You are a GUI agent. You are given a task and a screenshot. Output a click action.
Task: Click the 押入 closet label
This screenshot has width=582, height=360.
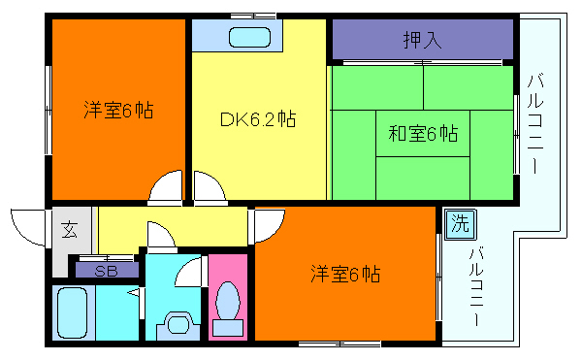tap(423, 41)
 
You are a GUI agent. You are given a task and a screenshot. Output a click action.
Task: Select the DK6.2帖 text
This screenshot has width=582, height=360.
tap(256, 119)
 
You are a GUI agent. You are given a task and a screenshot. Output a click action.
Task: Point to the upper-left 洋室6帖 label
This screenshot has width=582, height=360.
tap(117, 110)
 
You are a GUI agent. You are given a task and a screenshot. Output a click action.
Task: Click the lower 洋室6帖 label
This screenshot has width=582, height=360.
tap(345, 274)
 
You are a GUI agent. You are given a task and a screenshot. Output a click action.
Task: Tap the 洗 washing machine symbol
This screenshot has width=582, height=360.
tap(458, 222)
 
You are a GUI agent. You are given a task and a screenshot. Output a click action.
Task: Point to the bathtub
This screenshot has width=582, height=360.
tap(73, 312)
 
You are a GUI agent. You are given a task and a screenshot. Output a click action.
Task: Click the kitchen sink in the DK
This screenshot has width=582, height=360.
tap(250, 39)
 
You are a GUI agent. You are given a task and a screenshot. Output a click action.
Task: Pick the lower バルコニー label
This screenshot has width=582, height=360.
tap(475, 287)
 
